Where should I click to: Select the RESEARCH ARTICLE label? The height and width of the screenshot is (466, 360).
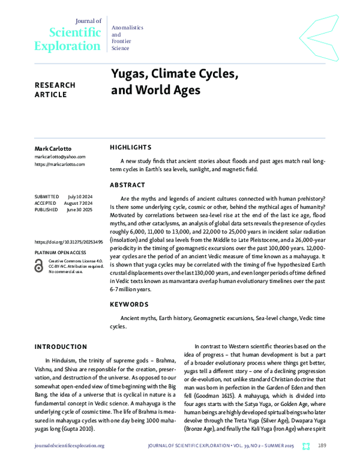[x=55, y=89]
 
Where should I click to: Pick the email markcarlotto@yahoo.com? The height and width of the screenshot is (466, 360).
[x=60, y=156]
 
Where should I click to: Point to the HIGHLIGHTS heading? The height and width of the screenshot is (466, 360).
[x=131, y=147]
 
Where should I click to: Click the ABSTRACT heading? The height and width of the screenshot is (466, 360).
[x=127, y=185]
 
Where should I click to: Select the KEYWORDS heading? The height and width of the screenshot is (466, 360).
[x=129, y=304]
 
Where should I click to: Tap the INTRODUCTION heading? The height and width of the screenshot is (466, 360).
[x=61, y=346]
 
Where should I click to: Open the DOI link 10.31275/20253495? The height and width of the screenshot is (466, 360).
[x=68, y=241]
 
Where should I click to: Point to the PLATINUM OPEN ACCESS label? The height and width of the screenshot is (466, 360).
[x=60, y=252]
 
